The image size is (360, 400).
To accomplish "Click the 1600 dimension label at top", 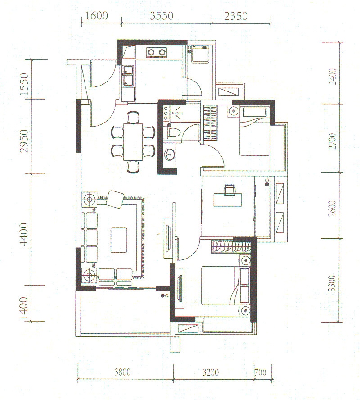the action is click(x=96, y=16).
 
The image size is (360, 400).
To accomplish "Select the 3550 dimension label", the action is click(x=162, y=16).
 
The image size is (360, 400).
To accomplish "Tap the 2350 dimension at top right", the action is click(x=236, y=16).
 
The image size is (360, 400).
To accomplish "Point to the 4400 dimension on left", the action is click(x=24, y=234).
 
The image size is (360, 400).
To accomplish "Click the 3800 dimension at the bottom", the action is click(x=122, y=372).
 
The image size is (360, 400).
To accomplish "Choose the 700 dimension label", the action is click(x=261, y=372).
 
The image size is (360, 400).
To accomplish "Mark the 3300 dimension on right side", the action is click(x=332, y=283).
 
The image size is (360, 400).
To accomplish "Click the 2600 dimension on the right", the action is click(x=332, y=209).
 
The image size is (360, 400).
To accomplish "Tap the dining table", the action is click(x=133, y=142).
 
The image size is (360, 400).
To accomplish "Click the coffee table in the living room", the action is click(x=119, y=240).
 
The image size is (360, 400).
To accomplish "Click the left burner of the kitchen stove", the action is click(x=151, y=52).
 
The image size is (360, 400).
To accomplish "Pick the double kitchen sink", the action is click(x=128, y=76).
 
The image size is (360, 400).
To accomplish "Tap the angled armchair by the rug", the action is click(x=115, y=199).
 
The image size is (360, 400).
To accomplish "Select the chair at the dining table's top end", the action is click(x=133, y=117).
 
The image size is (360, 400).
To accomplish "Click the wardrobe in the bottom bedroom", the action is click(x=231, y=247).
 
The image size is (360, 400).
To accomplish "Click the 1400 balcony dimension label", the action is click(x=24, y=309).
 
